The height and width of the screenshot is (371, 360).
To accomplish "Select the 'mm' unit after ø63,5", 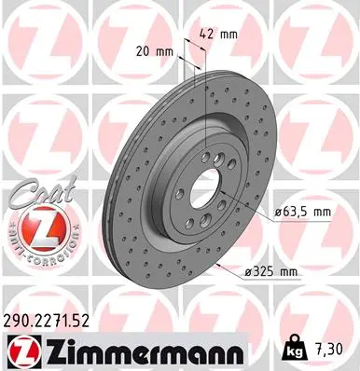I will point(323,213).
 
